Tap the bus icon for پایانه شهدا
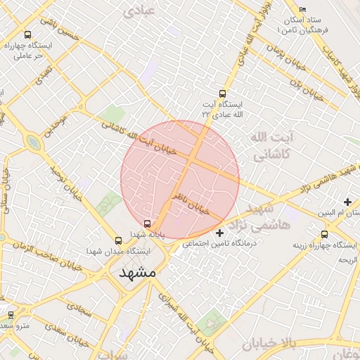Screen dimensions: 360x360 coord(147,224)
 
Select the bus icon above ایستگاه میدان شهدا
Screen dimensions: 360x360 coord(117,240)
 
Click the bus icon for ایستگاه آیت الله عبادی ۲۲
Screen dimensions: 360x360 coord(223,94)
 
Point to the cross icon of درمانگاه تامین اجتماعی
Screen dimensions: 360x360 coord(220,232)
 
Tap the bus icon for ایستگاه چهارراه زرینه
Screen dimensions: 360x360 coord(324,234)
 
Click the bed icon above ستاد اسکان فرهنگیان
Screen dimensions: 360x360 coord(303,9)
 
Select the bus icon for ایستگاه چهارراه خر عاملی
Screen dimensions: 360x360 coord(27,34)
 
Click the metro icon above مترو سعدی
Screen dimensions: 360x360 coord(11,315)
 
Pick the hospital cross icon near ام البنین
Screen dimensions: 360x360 coord(347,202)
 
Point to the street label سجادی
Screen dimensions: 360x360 coord(79,307)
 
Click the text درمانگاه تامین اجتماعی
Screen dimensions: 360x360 coord(220,244)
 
